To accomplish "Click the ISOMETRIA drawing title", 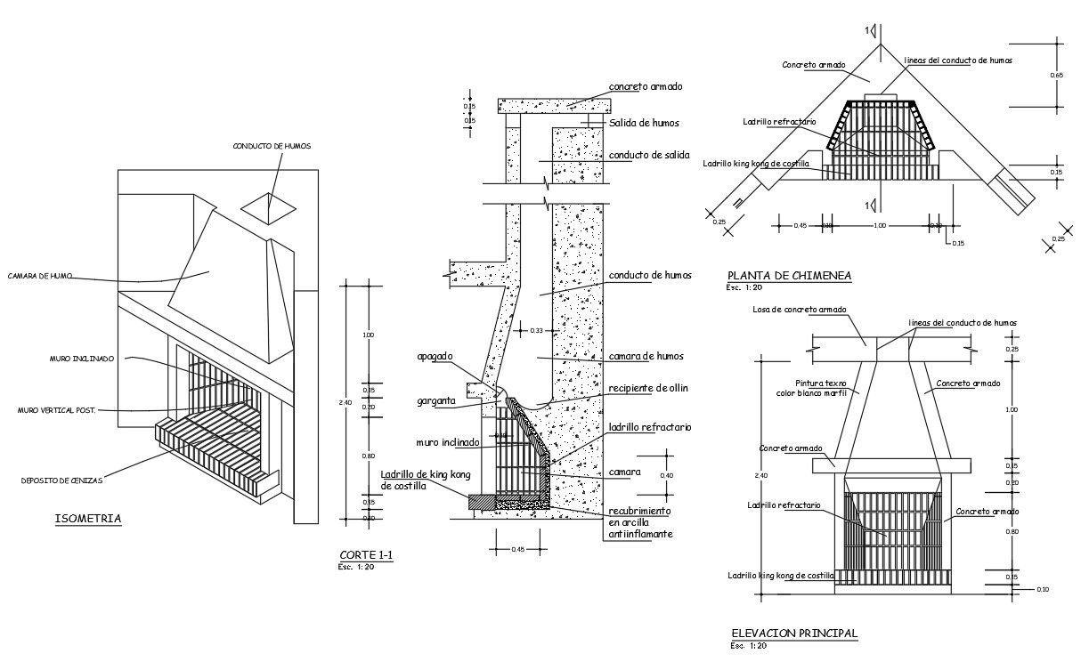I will [x=88, y=519].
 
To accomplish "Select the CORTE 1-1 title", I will [x=366, y=556].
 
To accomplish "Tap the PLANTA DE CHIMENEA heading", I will [x=789, y=276].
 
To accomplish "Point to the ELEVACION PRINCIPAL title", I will [x=794, y=634].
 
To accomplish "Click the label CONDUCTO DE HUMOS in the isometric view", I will [x=272, y=146].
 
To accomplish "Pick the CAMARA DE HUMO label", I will [x=40, y=276].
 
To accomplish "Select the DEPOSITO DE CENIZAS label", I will [x=61, y=480].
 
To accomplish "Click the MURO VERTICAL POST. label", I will [x=56, y=410].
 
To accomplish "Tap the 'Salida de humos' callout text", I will [x=645, y=123].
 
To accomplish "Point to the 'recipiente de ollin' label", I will [x=648, y=388].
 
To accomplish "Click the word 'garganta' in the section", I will [x=436, y=401].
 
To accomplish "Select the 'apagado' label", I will [x=435, y=356].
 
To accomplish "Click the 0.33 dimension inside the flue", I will [x=536, y=331].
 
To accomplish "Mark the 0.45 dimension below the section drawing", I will [x=518, y=550].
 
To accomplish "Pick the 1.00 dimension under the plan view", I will [x=880, y=226].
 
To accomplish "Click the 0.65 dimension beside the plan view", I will [x=1057, y=76].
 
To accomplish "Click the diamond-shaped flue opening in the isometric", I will [x=269, y=207].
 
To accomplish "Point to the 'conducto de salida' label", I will [x=649, y=154].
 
